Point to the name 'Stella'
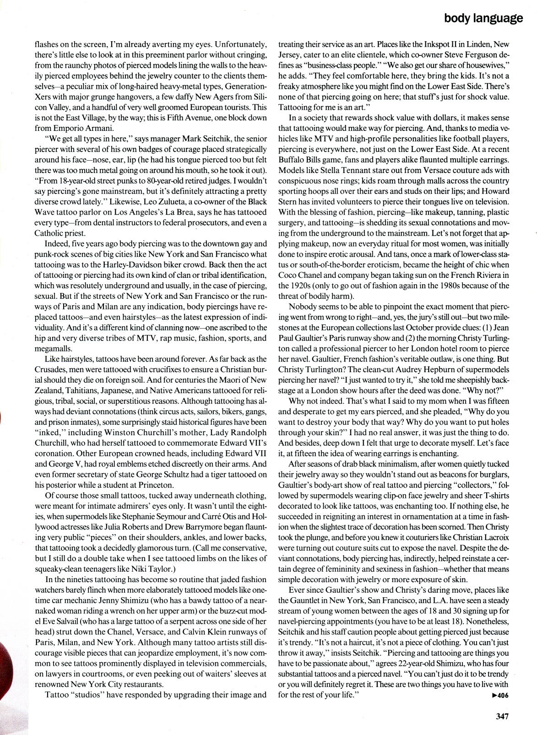(332, 171)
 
